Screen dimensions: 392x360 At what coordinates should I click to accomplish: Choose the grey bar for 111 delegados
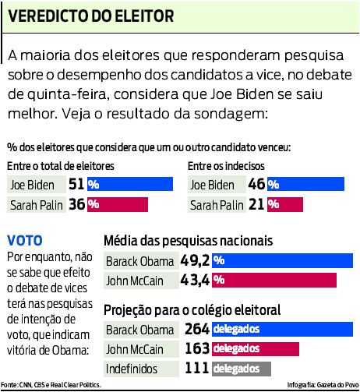(x=242, y=368)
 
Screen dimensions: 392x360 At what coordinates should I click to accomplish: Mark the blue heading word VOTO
(x=24, y=241)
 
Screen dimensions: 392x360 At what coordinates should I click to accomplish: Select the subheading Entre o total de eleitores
(x=61, y=166)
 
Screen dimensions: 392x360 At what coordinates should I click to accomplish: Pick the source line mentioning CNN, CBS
(x=51, y=385)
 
